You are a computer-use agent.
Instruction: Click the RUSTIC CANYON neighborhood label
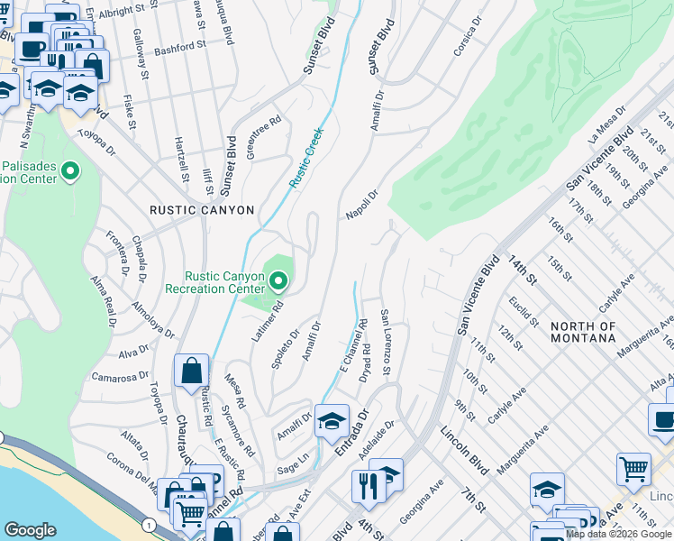[x=202, y=209]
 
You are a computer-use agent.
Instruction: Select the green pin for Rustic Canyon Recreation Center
[x=278, y=283]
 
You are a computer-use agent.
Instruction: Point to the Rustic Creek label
[x=305, y=157]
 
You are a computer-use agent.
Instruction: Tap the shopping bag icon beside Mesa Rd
[x=193, y=370]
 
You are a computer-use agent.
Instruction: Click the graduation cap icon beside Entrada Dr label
[x=332, y=420]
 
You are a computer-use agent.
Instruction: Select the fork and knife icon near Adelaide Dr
[x=369, y=487]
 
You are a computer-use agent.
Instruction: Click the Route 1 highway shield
[x=148, y=524]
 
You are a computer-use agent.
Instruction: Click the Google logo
[x=31, y=530]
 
